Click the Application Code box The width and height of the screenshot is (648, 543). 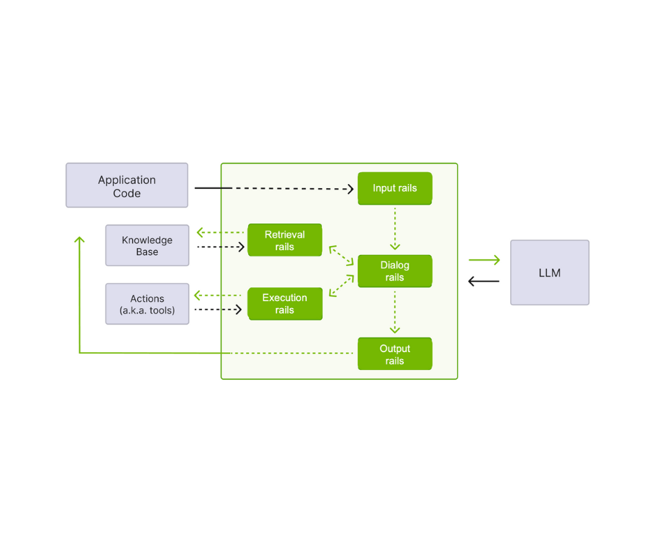click(127, 185)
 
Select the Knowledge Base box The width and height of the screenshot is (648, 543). click(147, 245)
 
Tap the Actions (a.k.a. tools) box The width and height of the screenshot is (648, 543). click(147, 304)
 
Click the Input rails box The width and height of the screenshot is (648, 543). click(394, 188)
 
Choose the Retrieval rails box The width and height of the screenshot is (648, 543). click(285, 240)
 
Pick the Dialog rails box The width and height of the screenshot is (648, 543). click(394, 271)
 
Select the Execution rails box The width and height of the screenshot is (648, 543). click(285, 304)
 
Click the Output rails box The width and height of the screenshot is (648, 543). click(394, 354)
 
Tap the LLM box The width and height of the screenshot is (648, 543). click(549, 273)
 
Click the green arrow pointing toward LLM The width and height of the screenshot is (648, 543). click(484, 260)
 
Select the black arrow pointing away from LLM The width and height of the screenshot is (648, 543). click(484, 281)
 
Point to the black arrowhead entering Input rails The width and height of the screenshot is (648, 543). click(350, 188)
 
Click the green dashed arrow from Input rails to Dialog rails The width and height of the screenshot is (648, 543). click(395, 228)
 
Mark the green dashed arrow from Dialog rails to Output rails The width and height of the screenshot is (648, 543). click(395, 311)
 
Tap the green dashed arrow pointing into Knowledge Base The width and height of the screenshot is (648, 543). click(220, 233)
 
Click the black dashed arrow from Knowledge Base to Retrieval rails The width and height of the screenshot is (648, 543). click(221, 246)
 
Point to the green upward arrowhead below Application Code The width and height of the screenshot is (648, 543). click(79, 240)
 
